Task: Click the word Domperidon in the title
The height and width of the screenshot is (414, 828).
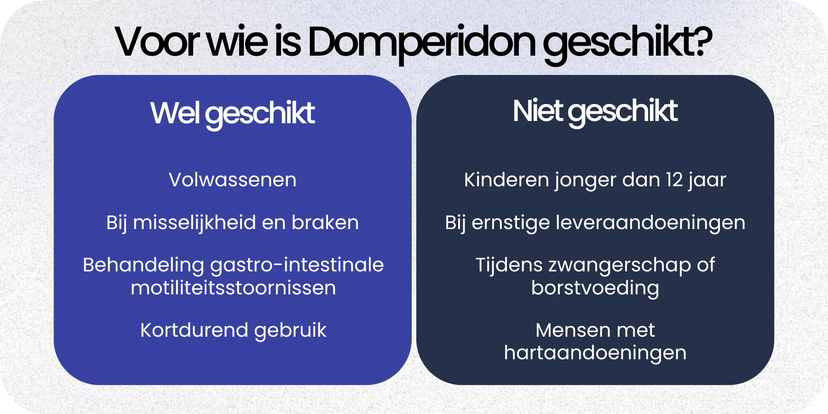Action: tap(421, 42)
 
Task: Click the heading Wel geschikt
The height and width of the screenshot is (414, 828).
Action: tap(232, 113)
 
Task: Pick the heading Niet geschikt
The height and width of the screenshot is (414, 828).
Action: tap(595, 111)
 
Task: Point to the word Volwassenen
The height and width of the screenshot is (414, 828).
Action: tap(232, 180)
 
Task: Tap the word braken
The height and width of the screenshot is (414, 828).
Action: tap(325, 223)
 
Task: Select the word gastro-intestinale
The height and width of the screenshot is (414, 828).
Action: tap(297, 265)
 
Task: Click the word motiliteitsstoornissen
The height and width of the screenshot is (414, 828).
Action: tap(233, 288)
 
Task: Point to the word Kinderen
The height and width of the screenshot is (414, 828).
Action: tap(506, 180)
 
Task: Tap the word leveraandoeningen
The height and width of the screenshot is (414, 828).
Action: tap(650, 223)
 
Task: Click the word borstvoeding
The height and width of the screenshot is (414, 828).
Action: tap(595, 288)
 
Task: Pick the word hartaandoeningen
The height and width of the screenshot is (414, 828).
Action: tap(595, 353)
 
